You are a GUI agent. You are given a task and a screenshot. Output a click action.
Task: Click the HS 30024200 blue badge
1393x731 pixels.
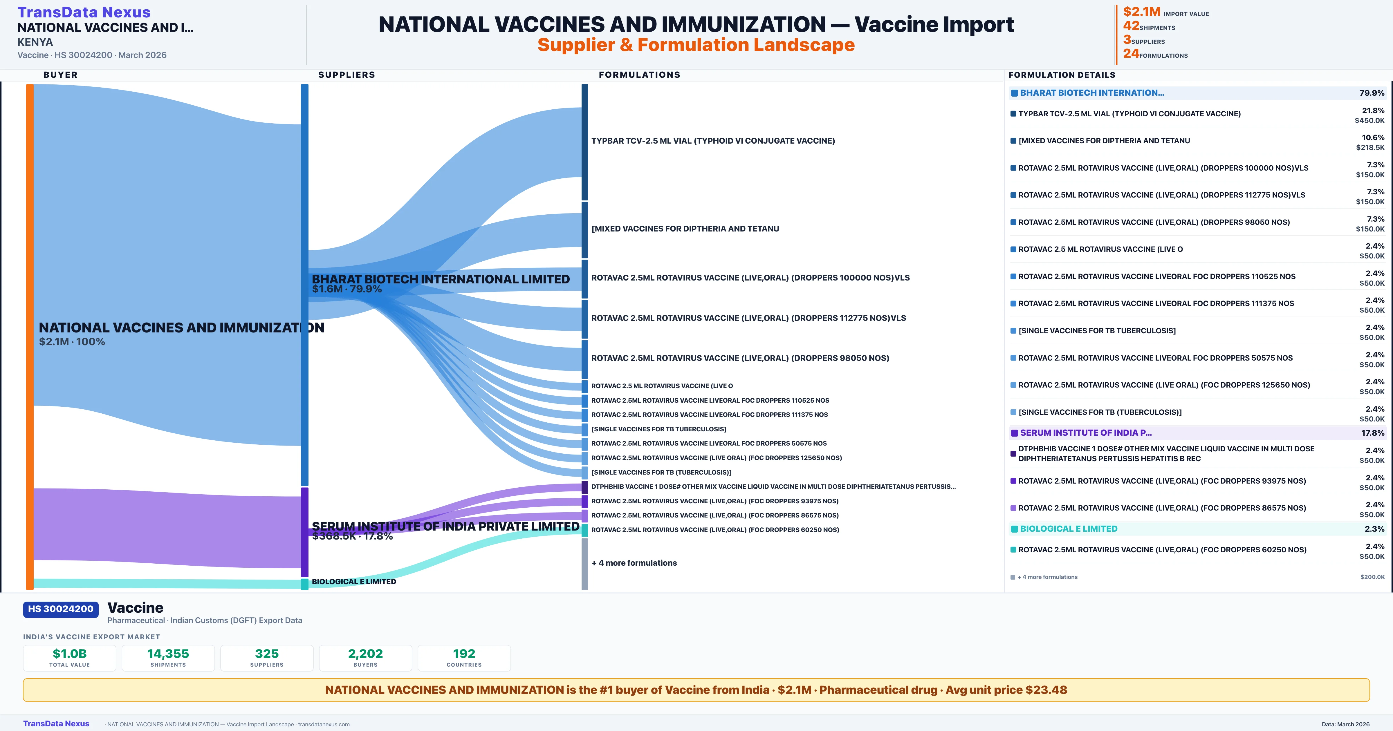click(61, 609)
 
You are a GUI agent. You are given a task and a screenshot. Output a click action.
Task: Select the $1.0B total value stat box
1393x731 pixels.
click(69, 658)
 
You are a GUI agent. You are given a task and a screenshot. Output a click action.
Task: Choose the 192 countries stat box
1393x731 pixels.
click(464, 658)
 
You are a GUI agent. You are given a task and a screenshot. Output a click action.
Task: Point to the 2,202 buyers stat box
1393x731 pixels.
click(366, 658)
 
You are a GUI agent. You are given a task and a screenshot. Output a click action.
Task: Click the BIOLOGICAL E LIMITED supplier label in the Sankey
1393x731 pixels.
click(354, 582)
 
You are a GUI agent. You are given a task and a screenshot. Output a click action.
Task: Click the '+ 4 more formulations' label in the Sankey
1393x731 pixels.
click(634, 563)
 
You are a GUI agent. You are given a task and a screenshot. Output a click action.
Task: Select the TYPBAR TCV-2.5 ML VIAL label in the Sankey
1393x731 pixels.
click(713, 141)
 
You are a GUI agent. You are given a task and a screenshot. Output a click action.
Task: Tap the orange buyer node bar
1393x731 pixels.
click(30, 335)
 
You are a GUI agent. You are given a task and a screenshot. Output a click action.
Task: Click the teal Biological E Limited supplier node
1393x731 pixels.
click(304, 584)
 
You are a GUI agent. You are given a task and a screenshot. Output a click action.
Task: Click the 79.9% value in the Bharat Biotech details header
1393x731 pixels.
click(1371, 93)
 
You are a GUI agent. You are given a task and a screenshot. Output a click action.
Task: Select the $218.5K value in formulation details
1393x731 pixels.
click(1370, 148)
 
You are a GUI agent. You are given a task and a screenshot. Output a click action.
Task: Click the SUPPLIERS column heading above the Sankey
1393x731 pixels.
click(347, 75)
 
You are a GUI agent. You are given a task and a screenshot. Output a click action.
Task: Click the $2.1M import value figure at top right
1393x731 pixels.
click(1142, 12)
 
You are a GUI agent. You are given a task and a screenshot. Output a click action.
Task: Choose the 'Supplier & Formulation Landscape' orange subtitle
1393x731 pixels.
click(696, 45)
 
